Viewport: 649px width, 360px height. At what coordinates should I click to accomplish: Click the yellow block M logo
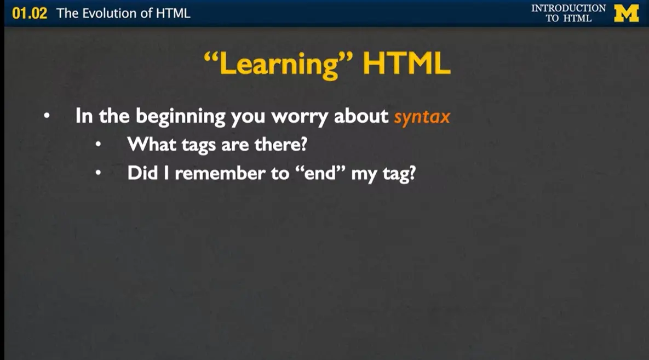627,13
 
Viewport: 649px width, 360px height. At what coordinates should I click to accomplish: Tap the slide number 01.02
30,14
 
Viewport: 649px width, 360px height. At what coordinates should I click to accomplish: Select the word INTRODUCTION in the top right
568,8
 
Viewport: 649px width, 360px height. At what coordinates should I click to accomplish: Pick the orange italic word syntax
422,117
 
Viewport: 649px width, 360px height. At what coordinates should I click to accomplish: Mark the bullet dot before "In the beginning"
47,116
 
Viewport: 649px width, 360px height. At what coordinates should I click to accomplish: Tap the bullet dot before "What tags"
98,145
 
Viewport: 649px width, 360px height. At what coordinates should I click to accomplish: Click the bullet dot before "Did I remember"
98,173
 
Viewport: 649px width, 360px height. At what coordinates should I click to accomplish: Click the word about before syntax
361,116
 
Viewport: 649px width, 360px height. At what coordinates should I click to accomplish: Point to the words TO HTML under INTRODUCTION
568,19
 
